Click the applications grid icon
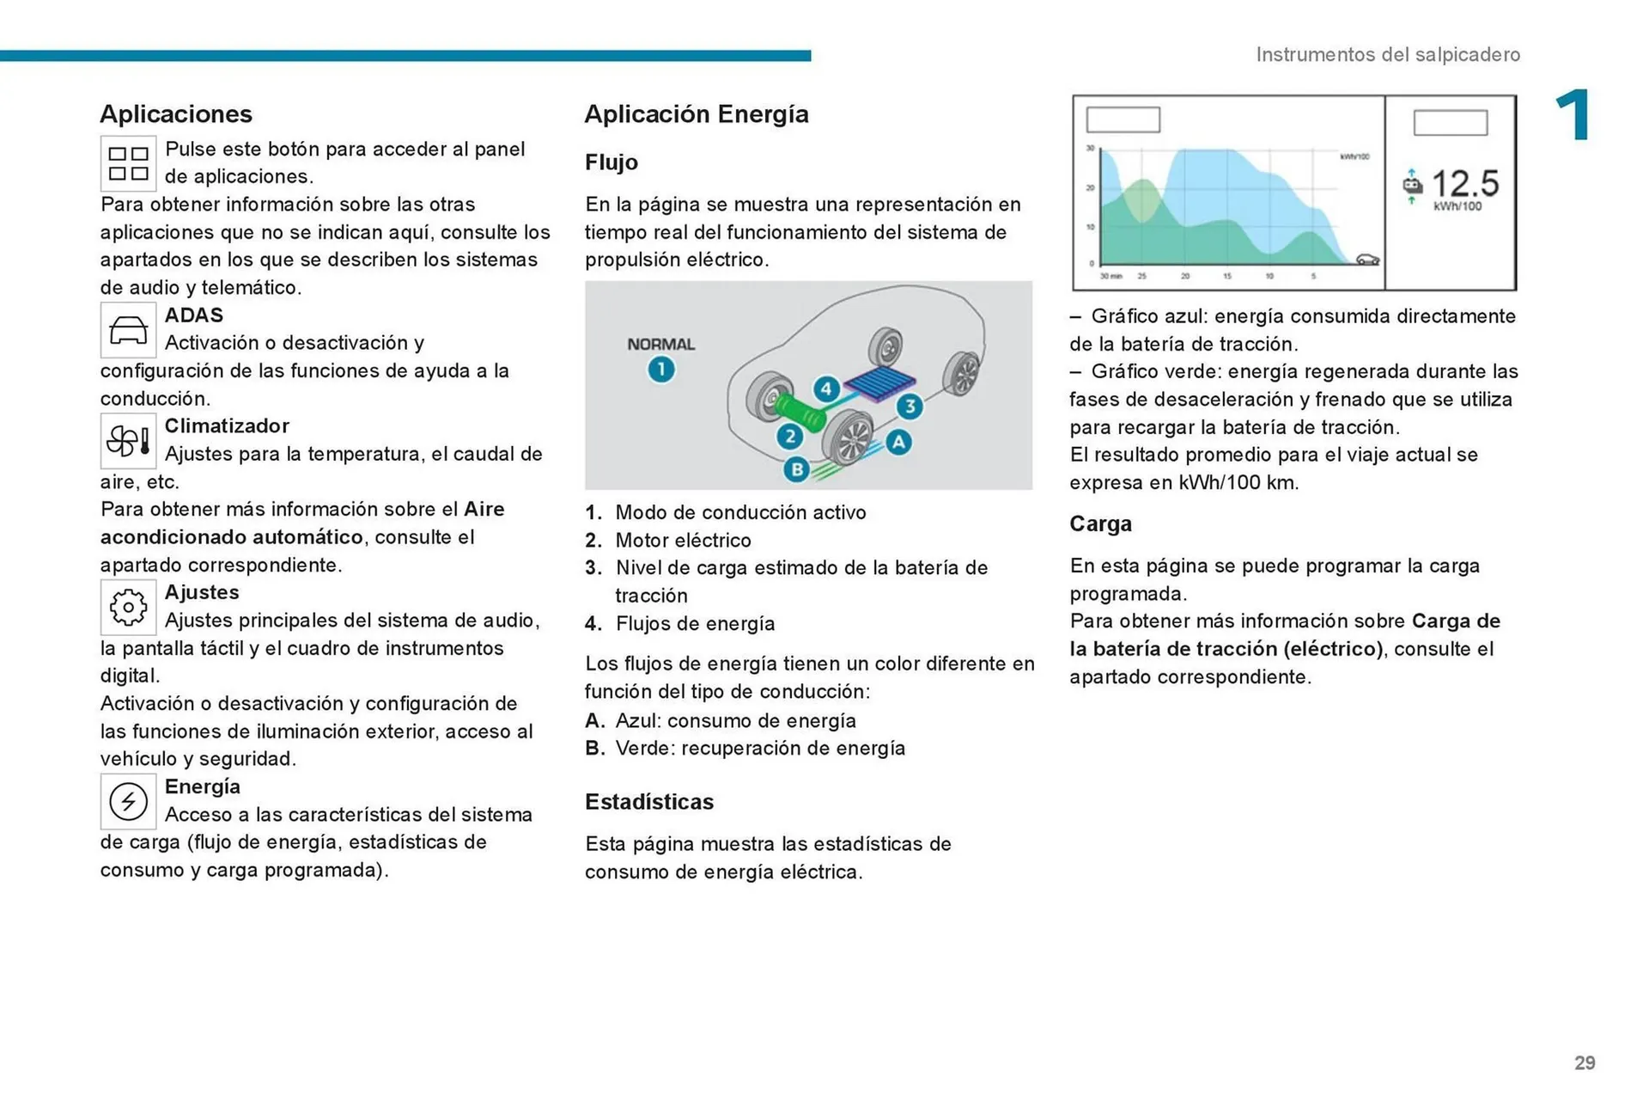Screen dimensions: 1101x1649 pyautogui.click(x=128, y=163)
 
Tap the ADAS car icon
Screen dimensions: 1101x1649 pyautogui.click(x=128, y=330)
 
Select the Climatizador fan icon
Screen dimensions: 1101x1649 pyautogui.click(x=128, y=441)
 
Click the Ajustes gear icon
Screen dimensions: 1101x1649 pyautogui.click(x=128, y=607)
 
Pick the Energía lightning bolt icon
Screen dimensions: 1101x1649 pyautogui.click(x=128, y=801)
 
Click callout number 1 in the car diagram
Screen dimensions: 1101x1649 pyautogui.click(x=661, y=370)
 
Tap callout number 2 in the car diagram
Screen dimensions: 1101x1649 pyautogui.click(x=789, y=436)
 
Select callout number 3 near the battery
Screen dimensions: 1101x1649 pyautogui.click(x=910, y=406)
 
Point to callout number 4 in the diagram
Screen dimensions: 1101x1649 pyautogui.click(x=826, y=388)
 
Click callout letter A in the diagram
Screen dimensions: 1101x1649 pyautogui.click(x=898, y=442)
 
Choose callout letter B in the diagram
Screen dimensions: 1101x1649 pyautogui.click(x=797, y=469)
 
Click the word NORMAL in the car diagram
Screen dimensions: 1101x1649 pyautogui.click(x=660, y=344)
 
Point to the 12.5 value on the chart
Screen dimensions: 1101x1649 pyautogui.click(x=1465, y=183)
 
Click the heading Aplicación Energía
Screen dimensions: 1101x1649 pyautogui.click(x=697, y=114)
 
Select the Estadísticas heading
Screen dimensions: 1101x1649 pyautogui.click(x=649, y=802)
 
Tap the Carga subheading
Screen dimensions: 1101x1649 pyautogui.click(x=1100, y=523)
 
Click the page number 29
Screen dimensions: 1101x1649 pyautogui.click(x=1585, y=1063)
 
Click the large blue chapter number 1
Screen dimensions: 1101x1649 pyautogui.click(x=1573, y=115)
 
